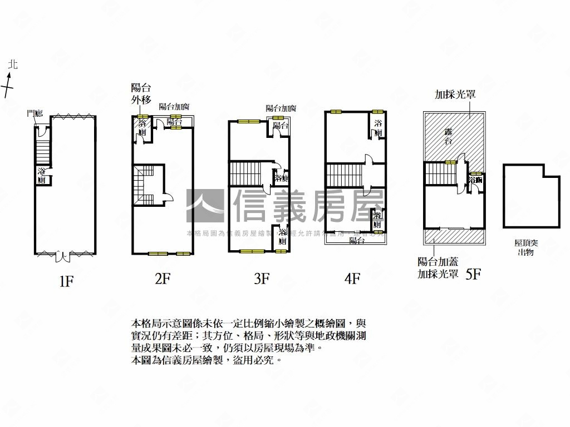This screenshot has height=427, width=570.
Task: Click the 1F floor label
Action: (66, 281)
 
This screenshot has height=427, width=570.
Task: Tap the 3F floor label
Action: (262, 279)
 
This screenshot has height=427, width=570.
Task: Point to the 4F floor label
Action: (352, 279)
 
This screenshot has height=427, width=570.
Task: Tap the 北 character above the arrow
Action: (13, 65)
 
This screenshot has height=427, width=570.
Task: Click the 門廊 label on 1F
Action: (34, 114)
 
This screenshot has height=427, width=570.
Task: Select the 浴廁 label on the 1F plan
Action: (42, 176)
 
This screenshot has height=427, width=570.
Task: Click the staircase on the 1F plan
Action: (43, 152)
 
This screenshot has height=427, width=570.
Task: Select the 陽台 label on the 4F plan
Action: (357, 240)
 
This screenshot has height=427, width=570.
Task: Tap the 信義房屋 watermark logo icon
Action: (205, 206)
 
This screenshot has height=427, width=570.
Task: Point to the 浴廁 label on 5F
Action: (475, 181)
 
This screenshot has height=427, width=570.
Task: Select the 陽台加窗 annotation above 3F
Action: (281, 108)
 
